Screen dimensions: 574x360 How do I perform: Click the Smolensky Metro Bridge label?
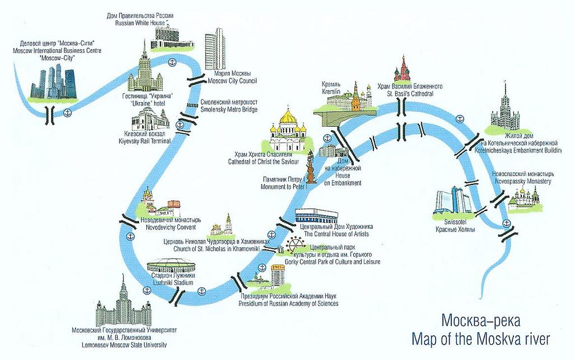coord(229,105)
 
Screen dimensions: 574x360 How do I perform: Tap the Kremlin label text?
coord(331,87)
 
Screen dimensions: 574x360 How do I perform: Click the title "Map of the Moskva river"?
coord(480,338)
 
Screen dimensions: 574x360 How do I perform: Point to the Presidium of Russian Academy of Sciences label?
coord(289,299)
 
